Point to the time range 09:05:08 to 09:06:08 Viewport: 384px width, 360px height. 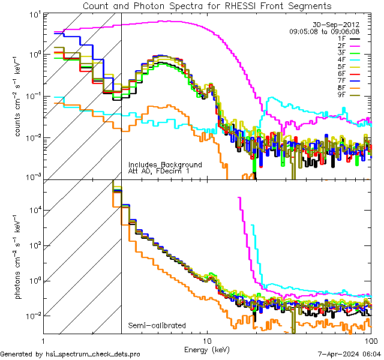click(x=325, y=31)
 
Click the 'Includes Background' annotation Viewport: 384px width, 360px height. click(x=165, y=164)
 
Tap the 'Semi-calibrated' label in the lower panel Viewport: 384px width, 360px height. click(x=157, y=326)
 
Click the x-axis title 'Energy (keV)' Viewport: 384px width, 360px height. click(x=207, y=349)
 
